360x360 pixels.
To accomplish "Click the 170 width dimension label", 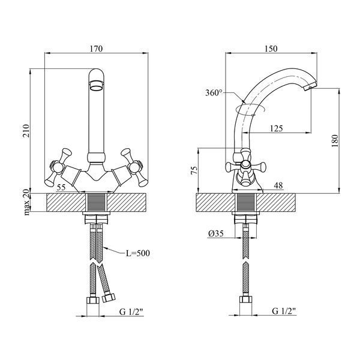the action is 96,49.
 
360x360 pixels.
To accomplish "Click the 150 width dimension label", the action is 271,49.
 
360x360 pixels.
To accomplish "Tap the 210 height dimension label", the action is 26,131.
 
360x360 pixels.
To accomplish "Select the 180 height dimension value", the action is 335,141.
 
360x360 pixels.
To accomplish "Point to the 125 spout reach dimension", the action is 276,128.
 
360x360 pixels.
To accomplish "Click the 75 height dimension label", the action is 194,170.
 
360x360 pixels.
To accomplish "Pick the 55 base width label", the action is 61,187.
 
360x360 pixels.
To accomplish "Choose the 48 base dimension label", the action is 278,185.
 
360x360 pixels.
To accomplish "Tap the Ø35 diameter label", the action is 216,234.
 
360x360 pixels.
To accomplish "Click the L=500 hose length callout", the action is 138,253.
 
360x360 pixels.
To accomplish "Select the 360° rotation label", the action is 214,93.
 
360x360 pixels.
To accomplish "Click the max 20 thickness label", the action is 27,202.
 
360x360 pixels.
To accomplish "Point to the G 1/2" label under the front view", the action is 131,311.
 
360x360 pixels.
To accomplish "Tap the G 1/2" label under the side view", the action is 284,311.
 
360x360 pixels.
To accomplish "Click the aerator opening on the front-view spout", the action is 97,86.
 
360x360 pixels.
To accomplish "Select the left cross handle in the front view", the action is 58,167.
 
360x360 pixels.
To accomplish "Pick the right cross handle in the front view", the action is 134,167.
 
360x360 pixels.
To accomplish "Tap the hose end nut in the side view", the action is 245,300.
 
